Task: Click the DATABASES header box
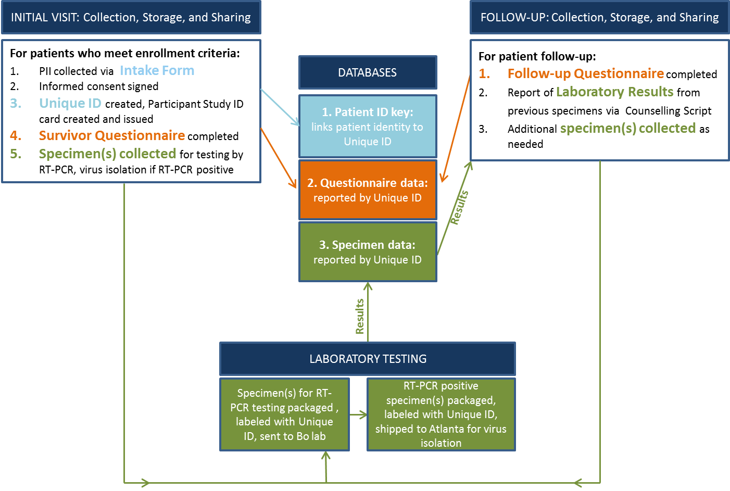(x=368, y=72)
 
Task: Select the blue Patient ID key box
(x=368, y=126)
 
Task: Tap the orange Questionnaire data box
(x=368, y=190)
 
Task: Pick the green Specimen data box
(x=368, y=252)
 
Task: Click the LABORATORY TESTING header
(x=368, y=359)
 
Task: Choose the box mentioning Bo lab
(x=284, y=414)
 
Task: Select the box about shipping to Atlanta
(x=441, y=414)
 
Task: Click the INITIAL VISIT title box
(x=131, y=17)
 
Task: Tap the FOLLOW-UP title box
(x=599, y=17)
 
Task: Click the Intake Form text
(x=157, y=70)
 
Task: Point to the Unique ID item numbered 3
(x=70, y=103)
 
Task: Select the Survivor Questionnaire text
(x=112, y=135)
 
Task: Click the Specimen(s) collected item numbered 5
(x=107, y=154)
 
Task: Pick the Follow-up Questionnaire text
(x=586, y=73)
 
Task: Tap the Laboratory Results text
(x=614, y=92)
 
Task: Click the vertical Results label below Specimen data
(x=360, y=316)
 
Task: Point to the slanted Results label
(x=459, y=207)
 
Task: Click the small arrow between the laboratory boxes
(x=358, y=415)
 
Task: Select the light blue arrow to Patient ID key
(x=280, y=107)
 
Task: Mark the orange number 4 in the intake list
(x=16, y=135)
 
